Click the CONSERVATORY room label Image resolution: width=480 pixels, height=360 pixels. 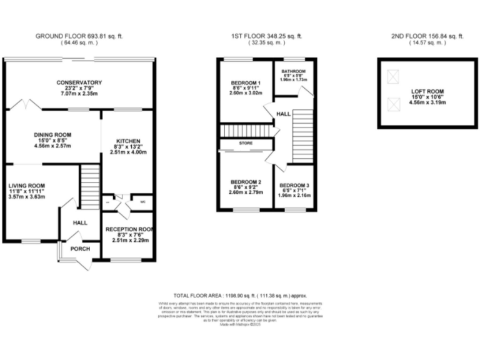coord(79,83)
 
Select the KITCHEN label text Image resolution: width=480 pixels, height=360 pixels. coord(127,141)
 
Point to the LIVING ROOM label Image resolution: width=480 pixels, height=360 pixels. coord(27,186)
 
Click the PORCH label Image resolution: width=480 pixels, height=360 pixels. coord(79,249)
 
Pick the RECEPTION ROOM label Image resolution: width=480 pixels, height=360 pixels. coord(129,229)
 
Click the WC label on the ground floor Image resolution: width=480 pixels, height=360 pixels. coord(142,202)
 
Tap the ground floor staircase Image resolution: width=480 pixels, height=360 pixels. coord(90,185)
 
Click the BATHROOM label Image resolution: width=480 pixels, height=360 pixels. coord(293,71)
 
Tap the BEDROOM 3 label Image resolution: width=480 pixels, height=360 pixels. coord(293,186)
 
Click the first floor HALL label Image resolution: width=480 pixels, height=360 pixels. coord(283,114)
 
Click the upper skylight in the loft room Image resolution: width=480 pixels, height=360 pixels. coord(393,77)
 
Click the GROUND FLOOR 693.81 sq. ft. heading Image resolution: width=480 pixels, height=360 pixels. coord(79,37)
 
